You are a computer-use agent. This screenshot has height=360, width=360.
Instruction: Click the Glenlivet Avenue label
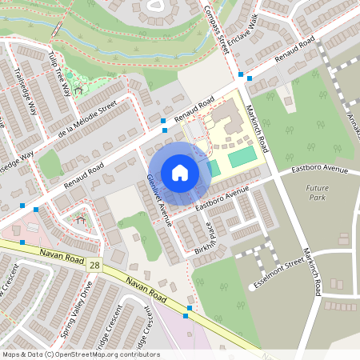(x=159, y=201)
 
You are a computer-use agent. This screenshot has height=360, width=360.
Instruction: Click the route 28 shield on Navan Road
(x=96, y=264)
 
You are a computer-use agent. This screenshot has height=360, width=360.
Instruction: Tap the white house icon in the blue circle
(x=179, y=173)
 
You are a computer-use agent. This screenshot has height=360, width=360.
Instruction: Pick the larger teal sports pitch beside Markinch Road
(x=242, y=157)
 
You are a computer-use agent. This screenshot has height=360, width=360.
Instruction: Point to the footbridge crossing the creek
(x=58, y=28)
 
